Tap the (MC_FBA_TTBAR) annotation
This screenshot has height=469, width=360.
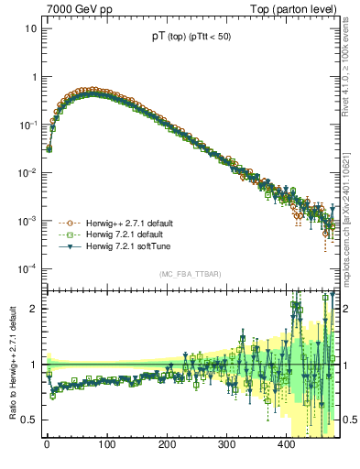(191, 274)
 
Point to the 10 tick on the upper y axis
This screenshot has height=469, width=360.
(31, 28)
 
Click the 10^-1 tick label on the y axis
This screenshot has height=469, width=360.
(29, 125)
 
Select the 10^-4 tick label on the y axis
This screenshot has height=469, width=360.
(29, 268)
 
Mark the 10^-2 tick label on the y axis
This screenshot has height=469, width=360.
(29, 173)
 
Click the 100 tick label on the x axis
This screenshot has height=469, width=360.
(106, 444)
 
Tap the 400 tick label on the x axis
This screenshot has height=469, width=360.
(286, 444)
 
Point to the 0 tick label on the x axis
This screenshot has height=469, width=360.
(47, 444)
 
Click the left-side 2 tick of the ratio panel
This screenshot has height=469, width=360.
(34, 309)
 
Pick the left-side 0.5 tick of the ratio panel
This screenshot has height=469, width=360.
(30, 420)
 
